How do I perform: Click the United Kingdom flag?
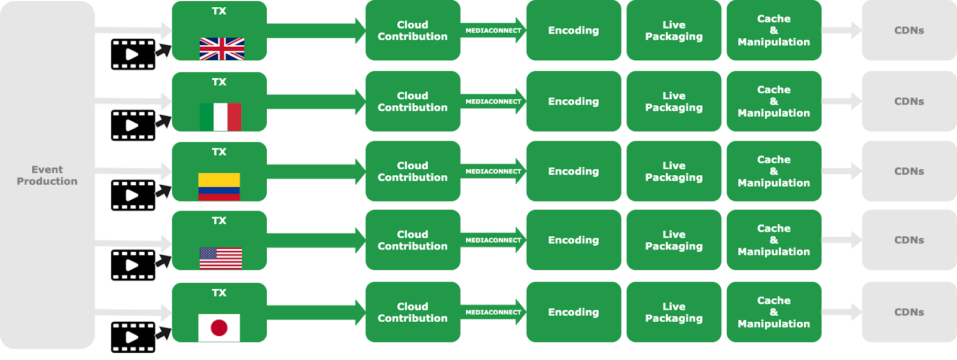point(222,48)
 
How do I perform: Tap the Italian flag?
point(220,117)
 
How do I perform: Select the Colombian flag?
point(219,187)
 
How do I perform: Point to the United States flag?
point(221,258)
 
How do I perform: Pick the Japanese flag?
point(219,328)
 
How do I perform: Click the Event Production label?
point(47,175)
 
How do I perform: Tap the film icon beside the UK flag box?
point(133,54)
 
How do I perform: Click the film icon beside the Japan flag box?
point(133,337)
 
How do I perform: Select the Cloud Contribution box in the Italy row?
point(413,102)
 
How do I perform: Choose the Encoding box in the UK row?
point(574,30)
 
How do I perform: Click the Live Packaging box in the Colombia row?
point(673,172)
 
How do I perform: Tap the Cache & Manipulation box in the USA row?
point(773,240)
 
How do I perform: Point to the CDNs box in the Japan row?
point(909,312)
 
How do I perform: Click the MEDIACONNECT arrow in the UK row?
point(493,30)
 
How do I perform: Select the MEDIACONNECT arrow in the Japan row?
point(493,312)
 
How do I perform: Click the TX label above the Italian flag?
point(219,82)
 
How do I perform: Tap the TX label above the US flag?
point(219,221)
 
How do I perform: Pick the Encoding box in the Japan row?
point(574,312)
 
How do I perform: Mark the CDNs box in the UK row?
point(909,30)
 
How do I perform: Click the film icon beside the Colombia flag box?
point(133,196)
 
